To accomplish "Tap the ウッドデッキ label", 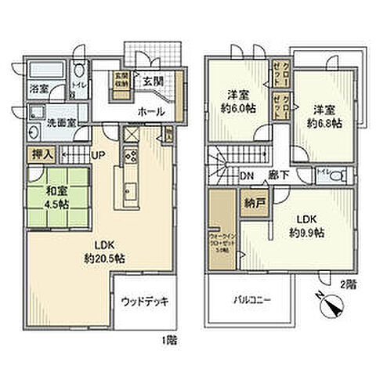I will [x=144, y=301].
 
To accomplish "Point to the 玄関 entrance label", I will [x=153, y=80].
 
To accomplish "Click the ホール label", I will [x=150, y=111].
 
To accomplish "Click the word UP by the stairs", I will [x=99, y=155].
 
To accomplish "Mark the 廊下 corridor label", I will [x=279, y=175].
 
